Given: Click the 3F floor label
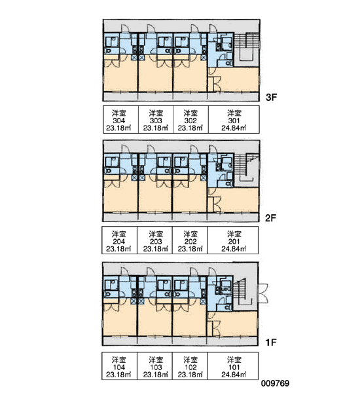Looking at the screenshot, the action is (272, 97).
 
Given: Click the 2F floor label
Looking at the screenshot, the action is (271, 218).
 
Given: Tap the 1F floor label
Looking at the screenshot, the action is (271, 342).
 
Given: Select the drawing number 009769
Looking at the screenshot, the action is (275, 383).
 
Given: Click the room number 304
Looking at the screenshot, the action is (118, 121).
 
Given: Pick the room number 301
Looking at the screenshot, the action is (234, 121).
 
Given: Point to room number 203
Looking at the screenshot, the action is (156, 242).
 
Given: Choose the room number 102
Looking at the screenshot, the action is (190, 367).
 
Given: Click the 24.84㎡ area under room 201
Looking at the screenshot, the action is (234, 249).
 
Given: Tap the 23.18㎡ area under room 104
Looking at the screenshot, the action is (118, 375).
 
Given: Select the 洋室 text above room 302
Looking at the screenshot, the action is (190, 113).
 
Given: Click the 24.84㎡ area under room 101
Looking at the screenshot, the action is (234, 375).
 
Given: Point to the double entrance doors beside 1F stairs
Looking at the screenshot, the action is (263, 293).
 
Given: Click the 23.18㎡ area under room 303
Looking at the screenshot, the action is (156, 128).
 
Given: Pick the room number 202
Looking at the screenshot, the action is (190, 242).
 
